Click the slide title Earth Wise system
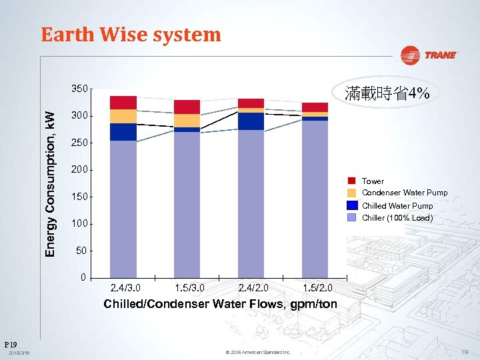131,35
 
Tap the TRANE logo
430,55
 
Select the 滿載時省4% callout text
387,94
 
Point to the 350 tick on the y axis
79,89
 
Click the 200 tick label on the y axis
79,170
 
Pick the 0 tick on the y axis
83,277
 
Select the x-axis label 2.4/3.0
125,289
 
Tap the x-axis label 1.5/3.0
189,289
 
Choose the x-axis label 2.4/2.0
253,289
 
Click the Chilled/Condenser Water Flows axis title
220,305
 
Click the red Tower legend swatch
352,181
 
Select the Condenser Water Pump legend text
405,193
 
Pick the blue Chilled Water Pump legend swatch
352,205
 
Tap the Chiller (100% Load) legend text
397,218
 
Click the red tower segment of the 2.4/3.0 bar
123,103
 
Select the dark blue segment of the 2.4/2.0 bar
251,121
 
